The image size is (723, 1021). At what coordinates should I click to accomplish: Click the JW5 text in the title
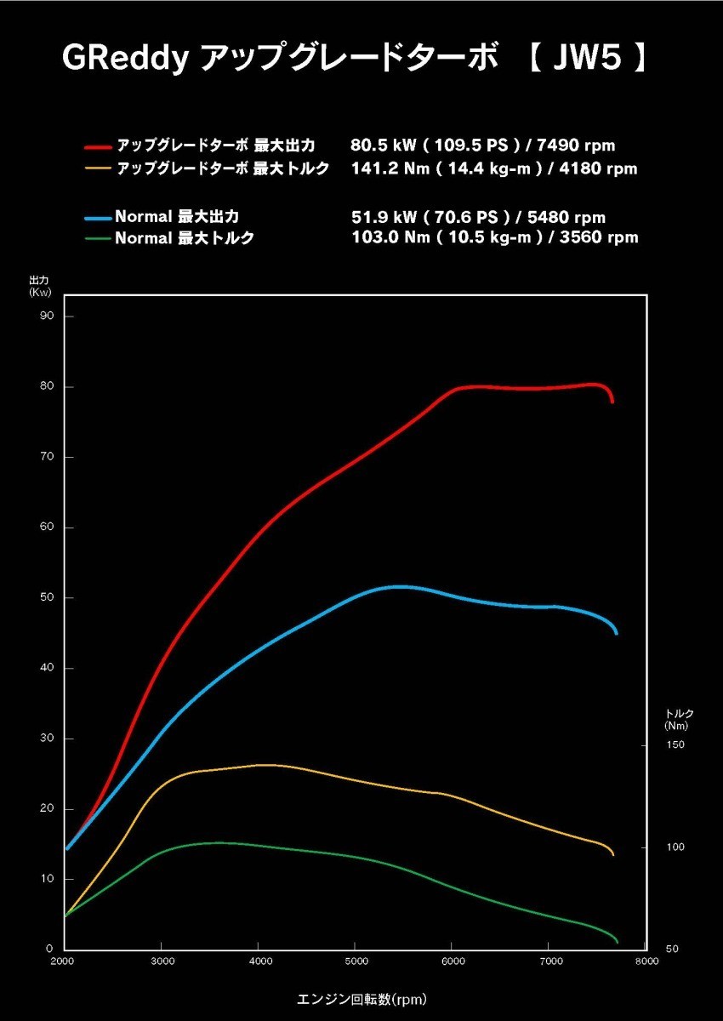click(599, 59)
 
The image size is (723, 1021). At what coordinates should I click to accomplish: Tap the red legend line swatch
click(99, 145)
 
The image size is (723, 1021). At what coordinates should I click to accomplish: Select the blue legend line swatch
click(99, 218)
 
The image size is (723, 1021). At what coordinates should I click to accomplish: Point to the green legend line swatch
click(99, 238)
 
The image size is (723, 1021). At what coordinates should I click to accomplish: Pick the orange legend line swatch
click(99, 168)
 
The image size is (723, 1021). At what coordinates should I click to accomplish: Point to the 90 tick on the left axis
click(46, 317)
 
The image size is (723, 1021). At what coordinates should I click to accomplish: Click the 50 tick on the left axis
click(46, 598)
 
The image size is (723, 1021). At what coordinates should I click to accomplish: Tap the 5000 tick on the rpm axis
click(356, 962)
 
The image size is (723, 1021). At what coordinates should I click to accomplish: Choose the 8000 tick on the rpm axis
click(646, 962)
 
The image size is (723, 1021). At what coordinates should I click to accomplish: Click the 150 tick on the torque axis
click(674, 746)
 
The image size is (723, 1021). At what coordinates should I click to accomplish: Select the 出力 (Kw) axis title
click(40, 286)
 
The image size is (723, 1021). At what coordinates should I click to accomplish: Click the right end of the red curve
click(612, 401)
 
